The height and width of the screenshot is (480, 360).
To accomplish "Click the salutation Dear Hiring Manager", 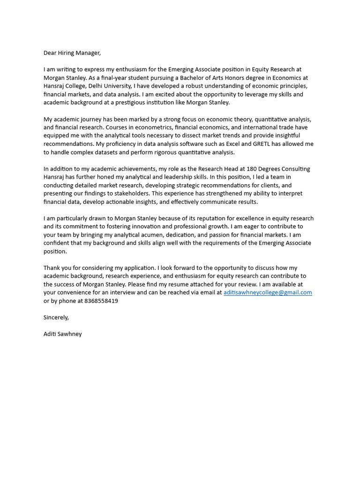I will point(72,53).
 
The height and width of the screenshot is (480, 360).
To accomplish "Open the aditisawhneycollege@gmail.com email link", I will point(268,292).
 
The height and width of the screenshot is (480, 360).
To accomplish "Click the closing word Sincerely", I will point(56,317).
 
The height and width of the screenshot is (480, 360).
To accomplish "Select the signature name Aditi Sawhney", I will point(62,334).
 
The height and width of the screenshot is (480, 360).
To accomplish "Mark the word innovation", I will point(144,226).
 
